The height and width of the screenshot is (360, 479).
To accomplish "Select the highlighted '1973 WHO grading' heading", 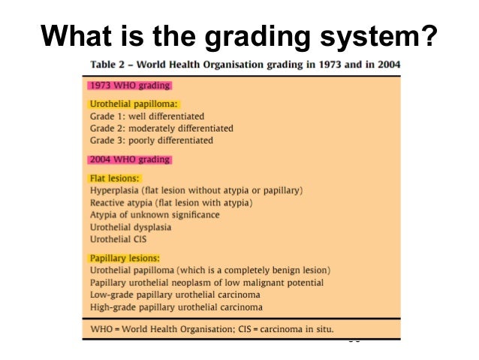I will [x=129, y=86].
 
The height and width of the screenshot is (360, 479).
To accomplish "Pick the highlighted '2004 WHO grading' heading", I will [x=129, y=159].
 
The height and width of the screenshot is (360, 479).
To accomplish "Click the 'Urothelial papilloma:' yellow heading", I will [x=138, y=104].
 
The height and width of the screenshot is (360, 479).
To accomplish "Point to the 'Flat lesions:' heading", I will [x=115, y=178].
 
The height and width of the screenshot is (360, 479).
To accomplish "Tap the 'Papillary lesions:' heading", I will [x=125, y=259].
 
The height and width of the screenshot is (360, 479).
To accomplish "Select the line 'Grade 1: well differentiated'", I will [x=146, y=116].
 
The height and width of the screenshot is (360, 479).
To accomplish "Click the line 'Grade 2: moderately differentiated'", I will [x=161, y=129].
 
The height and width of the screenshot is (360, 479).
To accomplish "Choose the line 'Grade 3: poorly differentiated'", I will [x=151, y=141].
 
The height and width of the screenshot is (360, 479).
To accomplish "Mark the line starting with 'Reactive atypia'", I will [x=171, y=203].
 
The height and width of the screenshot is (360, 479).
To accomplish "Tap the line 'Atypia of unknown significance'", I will [x=155, y=215].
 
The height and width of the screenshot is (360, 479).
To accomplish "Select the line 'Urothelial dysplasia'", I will [x=131, y=227].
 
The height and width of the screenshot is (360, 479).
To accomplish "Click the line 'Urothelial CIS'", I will [x=119, y=239].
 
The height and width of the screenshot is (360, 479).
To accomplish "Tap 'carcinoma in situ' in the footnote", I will [x=297, y=329].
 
